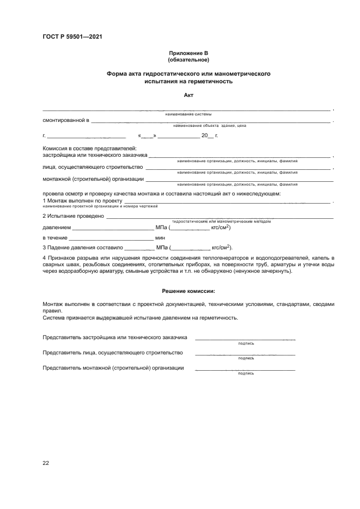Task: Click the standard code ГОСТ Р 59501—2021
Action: tap(72, 37)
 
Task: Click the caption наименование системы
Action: tap(188, 114)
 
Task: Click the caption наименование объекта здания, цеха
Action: tap(210, 126)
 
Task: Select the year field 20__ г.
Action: tap(209, 135)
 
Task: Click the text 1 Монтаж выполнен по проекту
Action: tap(82, 201)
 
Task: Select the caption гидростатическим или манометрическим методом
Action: tap(221, 222)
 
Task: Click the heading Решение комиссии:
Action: tap(188, 291)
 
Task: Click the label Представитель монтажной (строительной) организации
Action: tap(113, 368)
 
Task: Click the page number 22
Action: tap(46, 463)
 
